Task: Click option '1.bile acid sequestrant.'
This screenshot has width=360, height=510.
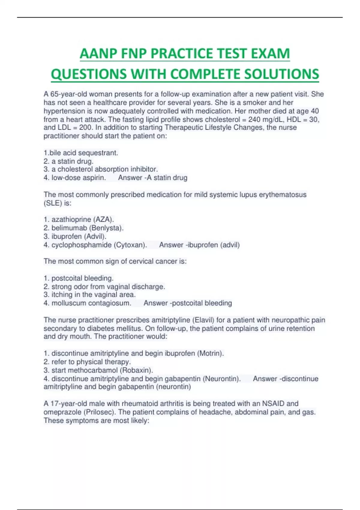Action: [x=81, y=153]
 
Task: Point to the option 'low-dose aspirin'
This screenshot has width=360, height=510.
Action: [x=78, y=178]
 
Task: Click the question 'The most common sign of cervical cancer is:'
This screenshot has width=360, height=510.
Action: [x=115, y=261]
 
